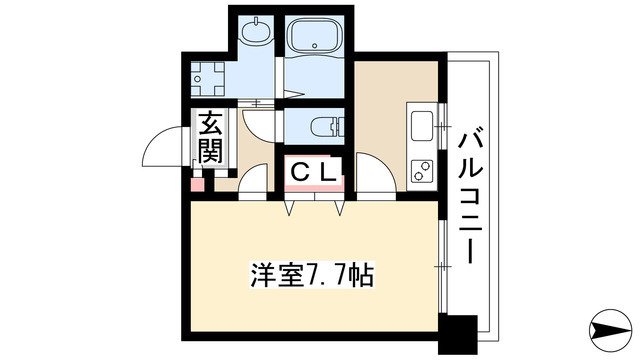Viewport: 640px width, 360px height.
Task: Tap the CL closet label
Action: pos(314,172)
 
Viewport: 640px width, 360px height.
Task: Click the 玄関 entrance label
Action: pos(209,140)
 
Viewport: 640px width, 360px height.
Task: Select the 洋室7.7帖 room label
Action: pos(312,274)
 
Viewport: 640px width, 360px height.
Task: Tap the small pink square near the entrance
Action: pos(197,185)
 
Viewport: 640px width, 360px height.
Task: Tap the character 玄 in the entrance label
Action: pos(209,126)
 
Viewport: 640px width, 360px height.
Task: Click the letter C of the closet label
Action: pos(300,172)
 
